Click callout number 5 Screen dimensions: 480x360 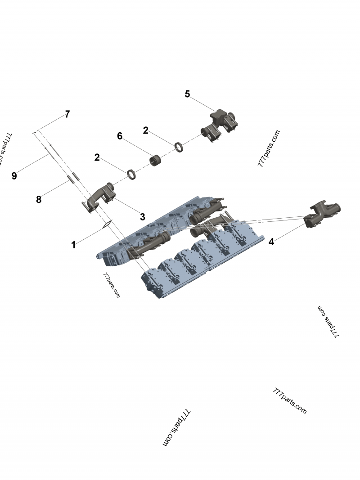188,94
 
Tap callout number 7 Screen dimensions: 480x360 67,114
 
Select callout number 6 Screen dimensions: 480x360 120,136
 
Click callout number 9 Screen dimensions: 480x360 14,176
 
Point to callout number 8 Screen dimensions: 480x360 39,199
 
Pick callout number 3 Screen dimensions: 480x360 142,217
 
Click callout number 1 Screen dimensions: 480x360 73,245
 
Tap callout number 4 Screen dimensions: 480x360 271,242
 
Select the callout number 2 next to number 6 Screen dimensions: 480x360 145,130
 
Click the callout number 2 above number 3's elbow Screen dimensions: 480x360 97,157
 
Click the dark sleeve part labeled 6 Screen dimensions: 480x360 156,160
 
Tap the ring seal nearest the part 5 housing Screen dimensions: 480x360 179,147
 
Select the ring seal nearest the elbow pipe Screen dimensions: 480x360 132,173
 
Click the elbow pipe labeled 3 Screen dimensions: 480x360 100,195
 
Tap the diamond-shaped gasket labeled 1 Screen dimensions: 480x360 107,224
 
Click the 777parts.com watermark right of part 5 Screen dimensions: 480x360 269,148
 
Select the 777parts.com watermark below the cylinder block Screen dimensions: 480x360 112,286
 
